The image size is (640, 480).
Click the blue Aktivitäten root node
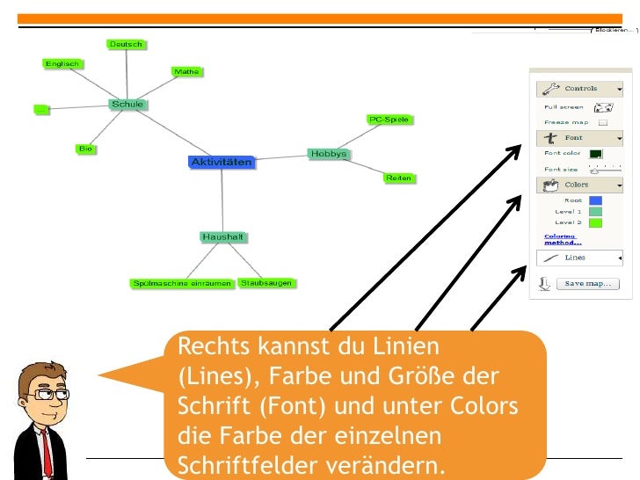click(x=222, y=162)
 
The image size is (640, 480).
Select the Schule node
click(x=127, y=105)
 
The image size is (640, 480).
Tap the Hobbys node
click(x=328, y=154)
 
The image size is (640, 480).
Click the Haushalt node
click(x=222, y=237)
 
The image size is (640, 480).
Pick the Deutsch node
click(x=126, y=44)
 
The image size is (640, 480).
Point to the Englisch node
click(x=62, y=63)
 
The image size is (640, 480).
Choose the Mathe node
click(x=186, y=71)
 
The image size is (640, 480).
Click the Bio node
click(x=85, y=149)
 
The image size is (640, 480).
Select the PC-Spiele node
click(x=389, y=120)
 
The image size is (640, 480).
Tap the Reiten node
click(x=398, y=178)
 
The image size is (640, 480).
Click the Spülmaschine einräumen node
click(x=182, y=283)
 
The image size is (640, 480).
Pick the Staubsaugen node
click(x=266, y=283)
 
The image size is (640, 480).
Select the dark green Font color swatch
click(x=595, y=154)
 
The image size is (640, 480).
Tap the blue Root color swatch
click(x=595, y=200)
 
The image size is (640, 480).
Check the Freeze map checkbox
click(x=603, y=123)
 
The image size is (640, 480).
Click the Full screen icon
click(x=603, y=108)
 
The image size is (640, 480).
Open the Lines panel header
click(x=580, y=258)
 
